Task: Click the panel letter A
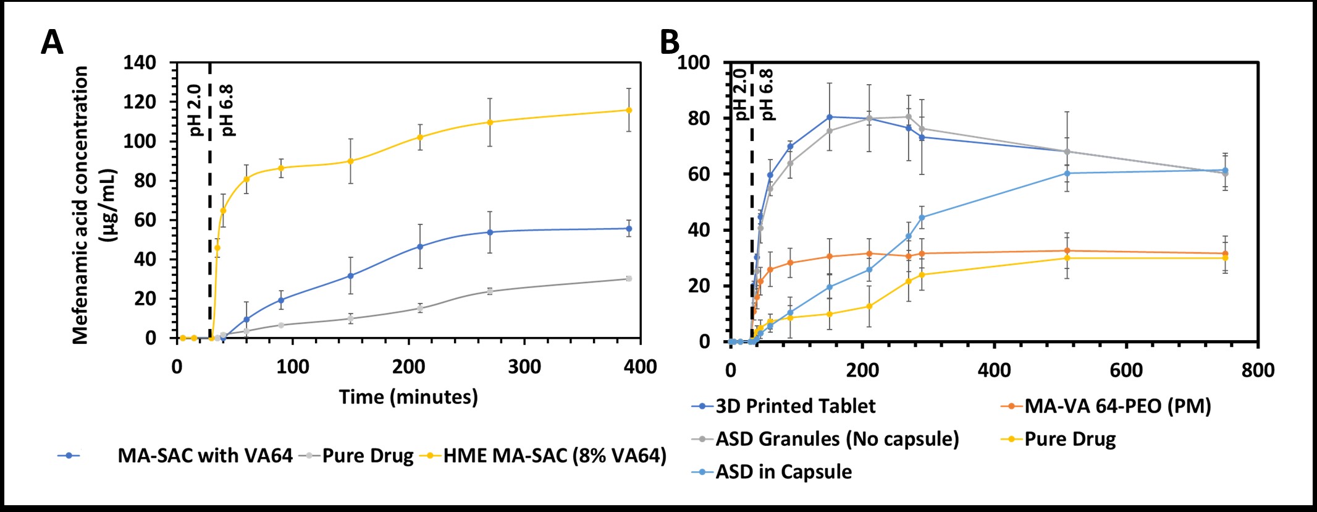pos(52,43)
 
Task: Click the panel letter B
pos(670,43)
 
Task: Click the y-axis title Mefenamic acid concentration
pos(80,204)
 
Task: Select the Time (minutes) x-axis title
pos(408,397)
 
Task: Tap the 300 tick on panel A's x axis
pos(524,367)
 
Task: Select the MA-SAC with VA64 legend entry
pos(204,456)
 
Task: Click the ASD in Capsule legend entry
pos(783,472)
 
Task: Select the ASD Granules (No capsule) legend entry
pos(837,439)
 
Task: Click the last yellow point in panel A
pos(629,110)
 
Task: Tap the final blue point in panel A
pos(629,229)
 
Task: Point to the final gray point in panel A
pos(629,279)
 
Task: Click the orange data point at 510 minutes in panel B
pos(1067,251)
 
